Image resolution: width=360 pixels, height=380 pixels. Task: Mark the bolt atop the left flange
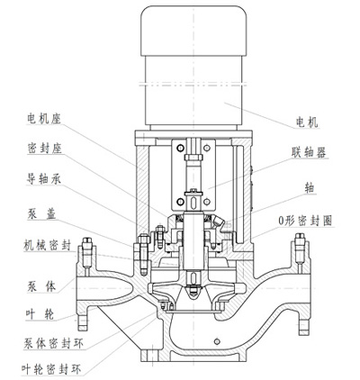click(88, 247)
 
